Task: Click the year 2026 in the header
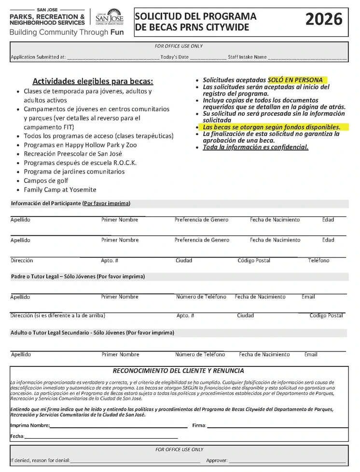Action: tap(324, 20)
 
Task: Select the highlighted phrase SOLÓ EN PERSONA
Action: tap(295, 80)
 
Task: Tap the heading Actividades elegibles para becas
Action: tap(92, 81)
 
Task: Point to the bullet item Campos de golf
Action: tap(46, 181)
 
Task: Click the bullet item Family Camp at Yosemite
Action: tap(60, 190)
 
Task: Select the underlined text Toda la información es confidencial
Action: tap(255, 148)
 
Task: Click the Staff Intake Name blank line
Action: tap(307, 57)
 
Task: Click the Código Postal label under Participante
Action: tap(254, 260)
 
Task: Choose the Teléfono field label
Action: tap(318, 260)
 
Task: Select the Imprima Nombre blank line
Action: tap(118, 426)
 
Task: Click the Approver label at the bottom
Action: tap(217, 461)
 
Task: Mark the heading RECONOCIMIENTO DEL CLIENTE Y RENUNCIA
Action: tap(178, 371)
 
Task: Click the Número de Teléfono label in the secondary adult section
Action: tap(200, 354)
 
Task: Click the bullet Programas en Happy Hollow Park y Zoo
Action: tap(80, 145)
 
